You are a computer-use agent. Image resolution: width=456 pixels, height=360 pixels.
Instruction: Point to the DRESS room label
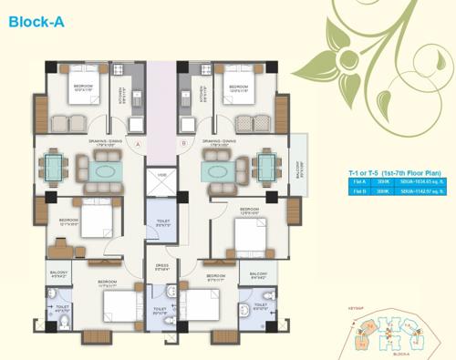tap(161, 269)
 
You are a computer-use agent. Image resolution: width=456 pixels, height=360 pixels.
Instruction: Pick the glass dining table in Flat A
tap(54, 167)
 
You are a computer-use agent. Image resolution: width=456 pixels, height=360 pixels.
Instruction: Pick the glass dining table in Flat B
tap(266, 167)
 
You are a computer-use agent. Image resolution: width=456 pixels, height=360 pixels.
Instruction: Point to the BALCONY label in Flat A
tap(58, 273)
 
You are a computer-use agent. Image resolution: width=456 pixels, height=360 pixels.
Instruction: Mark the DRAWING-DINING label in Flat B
tap(222, 141)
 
